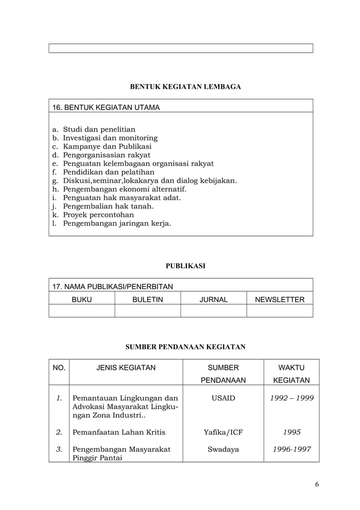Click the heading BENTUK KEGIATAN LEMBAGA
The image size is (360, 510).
click(185, 87)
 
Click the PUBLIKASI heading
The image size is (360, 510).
click(185, 265)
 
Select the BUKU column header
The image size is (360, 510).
click(81, 299)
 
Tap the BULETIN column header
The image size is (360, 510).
click(147, 299)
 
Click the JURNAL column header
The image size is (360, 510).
click(213, 299)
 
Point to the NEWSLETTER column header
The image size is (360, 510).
click(280, 299)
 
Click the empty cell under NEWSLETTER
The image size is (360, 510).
click(280, 311)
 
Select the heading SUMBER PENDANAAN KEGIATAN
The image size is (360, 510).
click(185, 346)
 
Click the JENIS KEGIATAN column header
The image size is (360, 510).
click(126, 368)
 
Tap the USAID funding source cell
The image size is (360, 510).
click(223, 399)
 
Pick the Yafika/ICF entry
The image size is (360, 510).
click(223, 433)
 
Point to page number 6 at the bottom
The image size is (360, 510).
click(317, 485)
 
